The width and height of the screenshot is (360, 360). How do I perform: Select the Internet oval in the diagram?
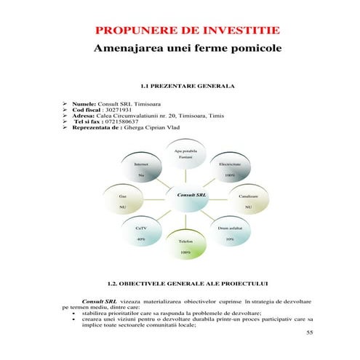point(141,169)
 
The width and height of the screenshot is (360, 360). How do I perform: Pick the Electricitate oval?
point(231,169)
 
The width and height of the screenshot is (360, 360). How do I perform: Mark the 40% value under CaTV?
point(141,239)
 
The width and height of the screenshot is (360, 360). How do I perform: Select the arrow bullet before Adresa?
point(65,116)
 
